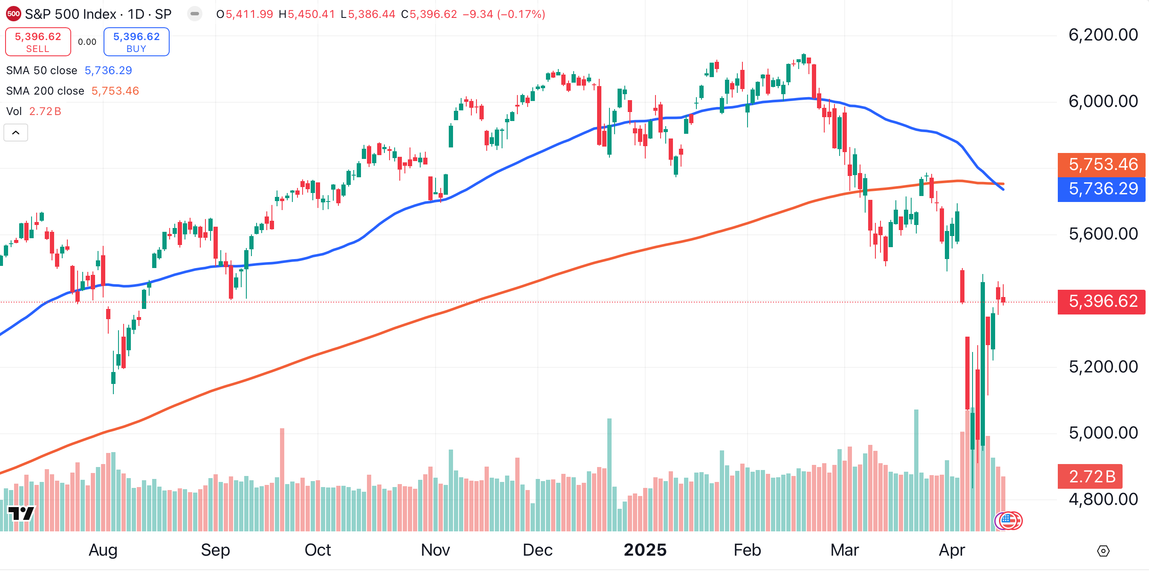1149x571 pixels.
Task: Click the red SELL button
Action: point(38,42)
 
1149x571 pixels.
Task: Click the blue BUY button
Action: point(136,42)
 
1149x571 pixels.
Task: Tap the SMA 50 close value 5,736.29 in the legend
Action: point(108,70)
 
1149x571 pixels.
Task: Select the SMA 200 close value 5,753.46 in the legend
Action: point(115,91)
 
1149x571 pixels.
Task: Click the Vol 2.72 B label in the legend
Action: point(33,112)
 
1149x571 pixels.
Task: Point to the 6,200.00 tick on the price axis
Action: point(1103,35)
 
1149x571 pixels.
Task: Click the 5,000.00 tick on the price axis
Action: point(1103,433)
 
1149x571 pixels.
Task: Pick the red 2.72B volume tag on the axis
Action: point(1089,476)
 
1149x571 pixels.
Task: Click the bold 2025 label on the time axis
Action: point(644,550)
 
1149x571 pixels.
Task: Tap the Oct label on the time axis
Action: point(318,550)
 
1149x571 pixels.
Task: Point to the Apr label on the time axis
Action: point(951,550)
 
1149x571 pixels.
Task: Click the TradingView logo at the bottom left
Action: point(21,513)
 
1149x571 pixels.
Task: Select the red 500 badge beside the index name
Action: point(13,14)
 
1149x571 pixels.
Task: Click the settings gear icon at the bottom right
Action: point(1103,551)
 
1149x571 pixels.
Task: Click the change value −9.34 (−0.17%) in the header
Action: point(504,14)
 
